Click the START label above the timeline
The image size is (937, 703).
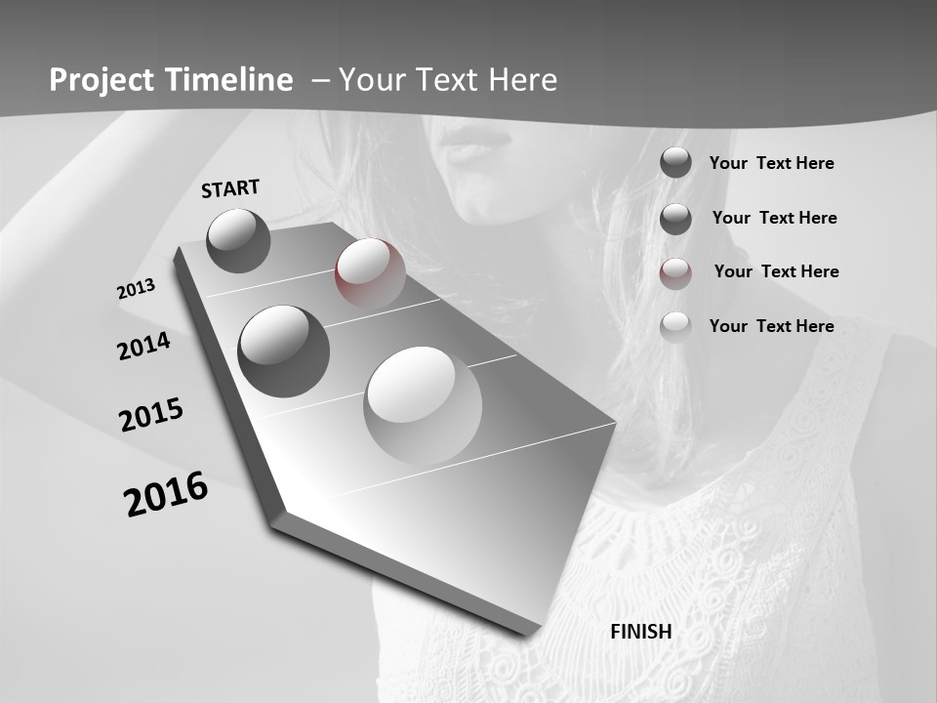tap(230, 188)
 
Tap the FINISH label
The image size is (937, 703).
tap(640, 632)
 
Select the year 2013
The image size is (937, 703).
tap(137, 289)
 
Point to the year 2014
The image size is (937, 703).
tap(144, 346)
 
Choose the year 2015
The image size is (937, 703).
tap(151, 415)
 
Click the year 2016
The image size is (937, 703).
tap(166, 494)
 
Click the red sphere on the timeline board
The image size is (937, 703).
tap(370, 273)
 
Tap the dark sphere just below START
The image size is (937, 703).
tap(238, 240)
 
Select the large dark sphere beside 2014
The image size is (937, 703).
tap(283, 351)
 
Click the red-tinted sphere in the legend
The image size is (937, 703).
tap(675, 272)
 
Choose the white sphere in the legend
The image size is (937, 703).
tap(675, 326)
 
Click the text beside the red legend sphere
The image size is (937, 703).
tap(776, 271)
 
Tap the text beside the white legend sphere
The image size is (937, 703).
tap(771, 326)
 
